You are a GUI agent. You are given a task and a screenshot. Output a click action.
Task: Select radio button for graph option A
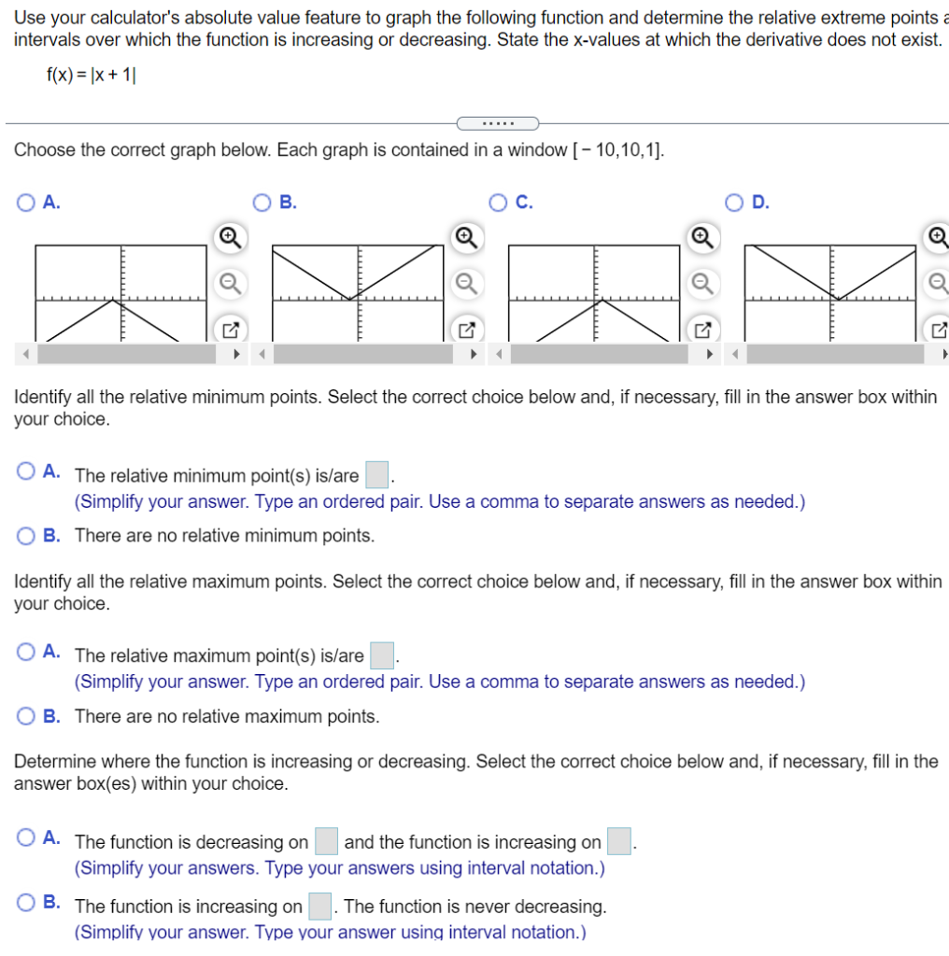tap(26, 202)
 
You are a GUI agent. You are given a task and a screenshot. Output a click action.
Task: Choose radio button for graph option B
tap(263, 202)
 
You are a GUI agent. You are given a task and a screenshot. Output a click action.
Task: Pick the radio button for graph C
tap(500, 202)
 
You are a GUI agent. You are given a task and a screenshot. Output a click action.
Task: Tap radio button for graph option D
tap(736, 202)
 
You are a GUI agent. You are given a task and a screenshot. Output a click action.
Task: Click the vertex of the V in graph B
tap(349, 299)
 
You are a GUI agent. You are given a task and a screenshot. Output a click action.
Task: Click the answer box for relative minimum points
tap(376, 475)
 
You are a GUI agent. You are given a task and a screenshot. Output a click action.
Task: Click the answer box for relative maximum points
tap(382, 655)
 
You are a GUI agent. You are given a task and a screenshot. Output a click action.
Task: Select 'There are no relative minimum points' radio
tap(26, 536)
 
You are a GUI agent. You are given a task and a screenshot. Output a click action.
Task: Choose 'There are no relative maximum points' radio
tap(26, 716)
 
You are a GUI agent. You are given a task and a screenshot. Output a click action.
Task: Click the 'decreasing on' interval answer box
tap(326, 842)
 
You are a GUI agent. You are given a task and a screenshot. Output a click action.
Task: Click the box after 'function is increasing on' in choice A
tap(619, 842)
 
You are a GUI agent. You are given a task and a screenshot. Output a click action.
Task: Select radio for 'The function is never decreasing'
tap(26, 903)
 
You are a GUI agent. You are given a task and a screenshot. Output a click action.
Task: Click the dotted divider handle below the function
tap(497, 123)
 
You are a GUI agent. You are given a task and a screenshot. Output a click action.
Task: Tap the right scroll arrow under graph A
tap(236, 354)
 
